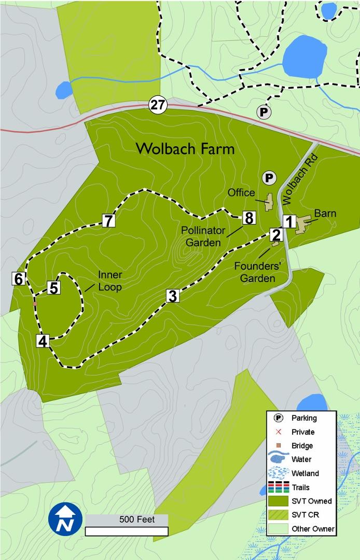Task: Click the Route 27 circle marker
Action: [158, 105]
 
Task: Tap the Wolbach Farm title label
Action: [185, 149]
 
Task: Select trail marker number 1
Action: [289, 221]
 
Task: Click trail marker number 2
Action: [276, 234]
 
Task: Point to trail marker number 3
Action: [173, 296]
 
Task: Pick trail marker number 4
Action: [43, 341]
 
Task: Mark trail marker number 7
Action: [108, 220]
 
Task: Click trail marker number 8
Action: [248, 218]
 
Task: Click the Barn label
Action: [325, 213]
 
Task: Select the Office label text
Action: [242, 193]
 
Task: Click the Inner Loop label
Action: [110, 281]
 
